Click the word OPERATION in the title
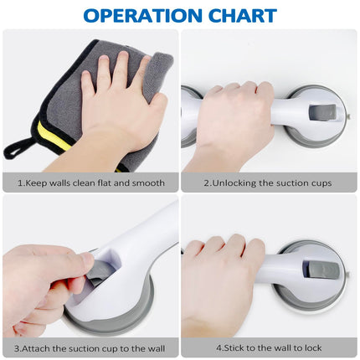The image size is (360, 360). [142, 16]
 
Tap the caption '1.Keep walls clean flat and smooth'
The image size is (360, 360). [91, 183]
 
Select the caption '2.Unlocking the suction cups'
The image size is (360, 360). [268, 183]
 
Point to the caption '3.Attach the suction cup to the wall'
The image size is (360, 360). [90, 348]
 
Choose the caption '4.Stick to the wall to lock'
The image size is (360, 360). [269, 348]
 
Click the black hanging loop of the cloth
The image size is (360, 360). [18, 147]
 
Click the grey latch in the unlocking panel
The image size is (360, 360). [322, 114]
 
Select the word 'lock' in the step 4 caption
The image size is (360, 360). [313, 348]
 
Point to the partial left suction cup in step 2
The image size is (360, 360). [190, 117]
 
